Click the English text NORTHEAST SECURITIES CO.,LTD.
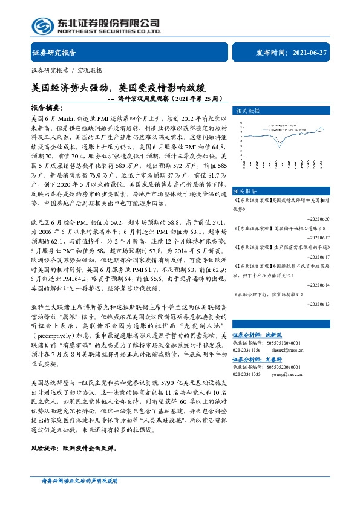(x=109, y=31)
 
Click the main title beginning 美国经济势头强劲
(x=127, y=88)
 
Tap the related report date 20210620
(x=319, y=218)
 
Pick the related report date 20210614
(x=319, y=284)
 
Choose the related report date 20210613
(x=319, y=305)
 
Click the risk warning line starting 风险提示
(x=72, y=450)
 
